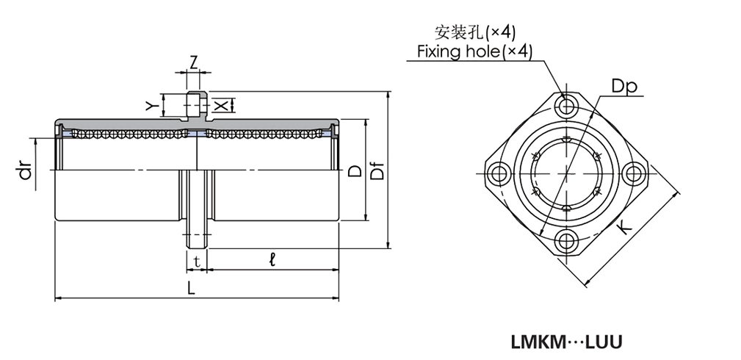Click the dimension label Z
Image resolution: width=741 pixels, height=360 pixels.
[x=193, y=62]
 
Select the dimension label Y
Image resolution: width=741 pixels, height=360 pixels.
[x=152, y=106]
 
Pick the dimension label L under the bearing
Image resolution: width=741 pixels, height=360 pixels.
[x=191, y=289]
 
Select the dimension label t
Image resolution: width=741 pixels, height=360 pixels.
[x=196, y=260]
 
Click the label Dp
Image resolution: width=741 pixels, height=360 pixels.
[x=624, y=86]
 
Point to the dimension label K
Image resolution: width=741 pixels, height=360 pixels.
[x=623, y=227]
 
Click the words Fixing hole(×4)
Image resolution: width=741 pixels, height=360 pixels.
[x=474, y=51]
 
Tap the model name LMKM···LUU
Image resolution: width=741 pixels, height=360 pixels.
[x=565, y=342]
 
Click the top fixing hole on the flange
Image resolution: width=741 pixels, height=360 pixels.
[x=566, y=107]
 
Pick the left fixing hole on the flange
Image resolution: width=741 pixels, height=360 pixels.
[x=499, y=174]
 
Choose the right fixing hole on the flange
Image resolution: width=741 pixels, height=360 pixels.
[x=633, y=174]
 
